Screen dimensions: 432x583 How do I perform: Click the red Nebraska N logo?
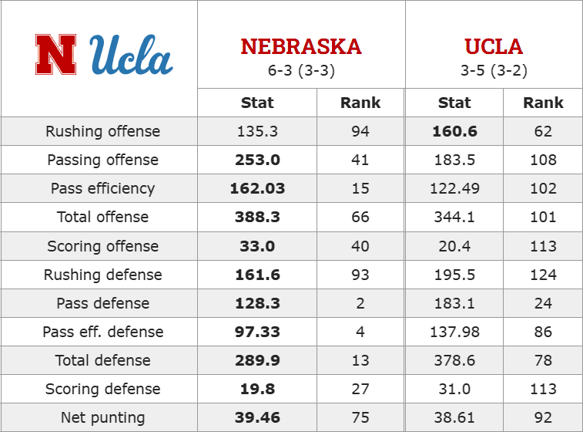click(55, 55)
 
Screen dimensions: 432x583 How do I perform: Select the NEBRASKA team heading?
click(301, 46)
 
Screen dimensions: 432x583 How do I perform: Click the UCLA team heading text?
click(494, 46)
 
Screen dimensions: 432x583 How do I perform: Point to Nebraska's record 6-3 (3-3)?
click(301, 70)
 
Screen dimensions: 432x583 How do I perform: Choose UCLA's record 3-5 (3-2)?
click(494, 70)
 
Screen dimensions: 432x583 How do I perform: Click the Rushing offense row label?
click(102, 131)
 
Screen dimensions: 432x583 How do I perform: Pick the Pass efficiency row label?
click(102, 188)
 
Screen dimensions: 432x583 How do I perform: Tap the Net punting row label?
click(102, 418)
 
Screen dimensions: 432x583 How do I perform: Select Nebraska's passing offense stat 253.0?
click(257, 160)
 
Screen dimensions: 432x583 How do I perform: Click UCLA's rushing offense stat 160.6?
click(454, 131)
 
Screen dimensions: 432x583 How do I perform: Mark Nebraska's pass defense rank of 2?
click(360, 303)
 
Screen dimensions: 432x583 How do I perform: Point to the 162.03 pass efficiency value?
click(257, 188)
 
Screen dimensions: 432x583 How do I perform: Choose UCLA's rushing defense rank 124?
click(543, 275)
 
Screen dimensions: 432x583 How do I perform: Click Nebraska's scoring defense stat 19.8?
click(257, 389)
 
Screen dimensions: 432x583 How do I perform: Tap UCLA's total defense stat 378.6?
click(454, 360)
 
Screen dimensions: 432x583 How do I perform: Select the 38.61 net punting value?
click(454, 418)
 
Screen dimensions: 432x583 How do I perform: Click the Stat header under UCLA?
click(454, 103)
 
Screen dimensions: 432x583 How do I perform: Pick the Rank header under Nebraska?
click(360, 103)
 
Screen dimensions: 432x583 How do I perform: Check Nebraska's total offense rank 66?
click(360, 217)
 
